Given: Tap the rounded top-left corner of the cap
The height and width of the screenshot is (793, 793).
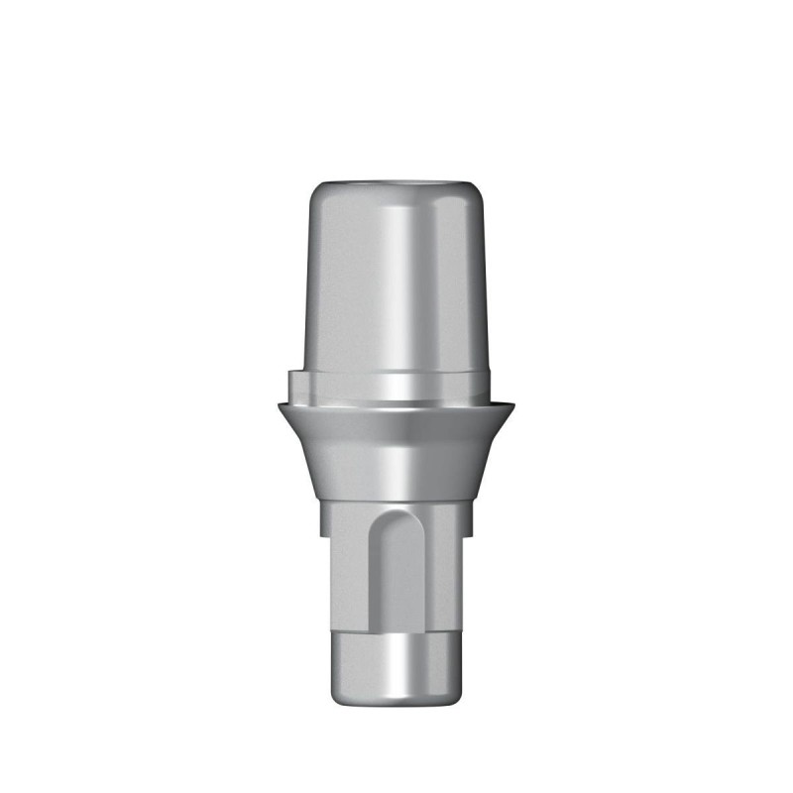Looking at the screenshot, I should point(315,190).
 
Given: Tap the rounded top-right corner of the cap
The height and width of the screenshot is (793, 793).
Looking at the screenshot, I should point(478,190).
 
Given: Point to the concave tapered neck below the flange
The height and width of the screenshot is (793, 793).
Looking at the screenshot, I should point(396,456).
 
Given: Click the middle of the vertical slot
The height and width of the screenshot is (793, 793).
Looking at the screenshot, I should point(396,575).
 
